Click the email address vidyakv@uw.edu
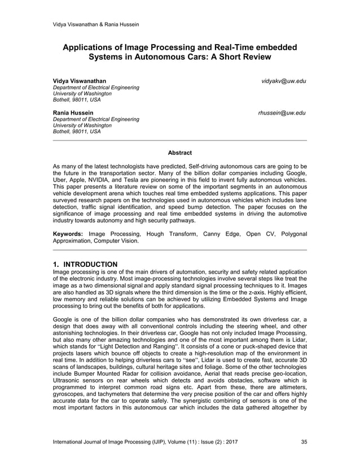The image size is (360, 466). click(x=284, y=81)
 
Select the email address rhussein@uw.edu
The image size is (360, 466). click(x=282, y=113)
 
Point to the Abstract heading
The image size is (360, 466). click(x=179, y=153)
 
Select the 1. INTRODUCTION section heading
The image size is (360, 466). click(x=85, y=264)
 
